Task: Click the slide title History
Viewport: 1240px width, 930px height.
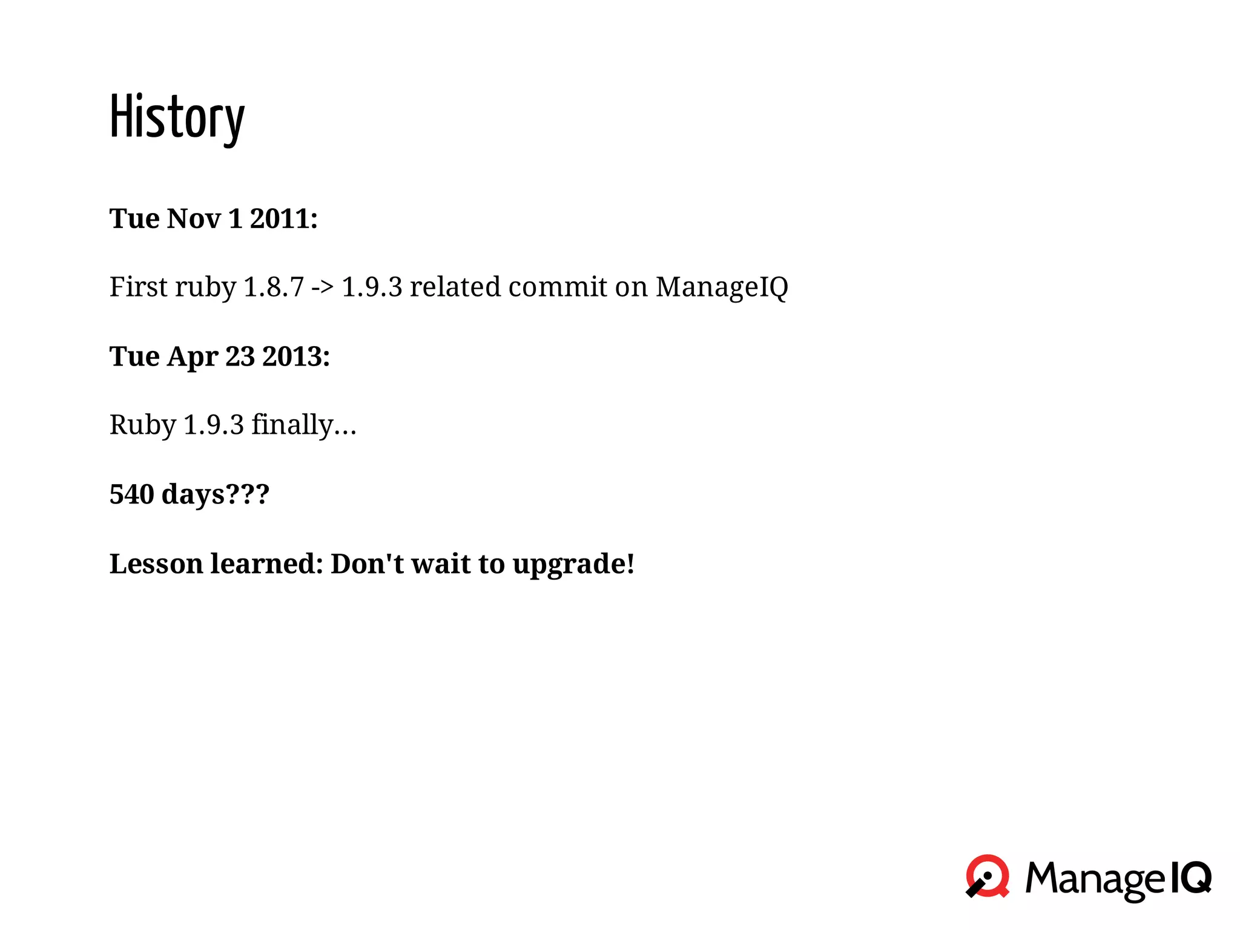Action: click(177, 118)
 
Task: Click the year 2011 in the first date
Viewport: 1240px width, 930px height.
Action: click(283, 218)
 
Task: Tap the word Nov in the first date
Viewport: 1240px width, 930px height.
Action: click(194, 218)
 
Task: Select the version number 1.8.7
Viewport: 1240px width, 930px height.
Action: click(273, 287)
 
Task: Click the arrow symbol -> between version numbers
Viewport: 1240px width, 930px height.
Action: click(323, 287)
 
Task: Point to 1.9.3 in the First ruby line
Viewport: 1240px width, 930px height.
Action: click(372, 287)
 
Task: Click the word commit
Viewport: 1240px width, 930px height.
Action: click(557, 287)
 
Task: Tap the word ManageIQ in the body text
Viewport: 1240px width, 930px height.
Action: click(722, 287)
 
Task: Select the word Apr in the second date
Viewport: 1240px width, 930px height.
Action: click(193, 356)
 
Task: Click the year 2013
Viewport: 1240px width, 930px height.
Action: click(295, 356)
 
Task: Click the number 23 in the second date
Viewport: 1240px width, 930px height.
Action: click(240, 356)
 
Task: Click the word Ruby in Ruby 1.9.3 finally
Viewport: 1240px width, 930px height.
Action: click(142, 425)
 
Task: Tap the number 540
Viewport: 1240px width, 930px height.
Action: click(131, 494)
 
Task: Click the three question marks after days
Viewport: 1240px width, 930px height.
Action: click(247, 494)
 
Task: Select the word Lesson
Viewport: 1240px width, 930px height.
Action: click(156, 564)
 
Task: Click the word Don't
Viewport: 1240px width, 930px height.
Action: click(367, 564)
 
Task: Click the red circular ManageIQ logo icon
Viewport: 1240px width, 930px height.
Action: click(988, 876)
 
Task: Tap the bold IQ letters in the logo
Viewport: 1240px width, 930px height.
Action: click(1190, 877)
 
